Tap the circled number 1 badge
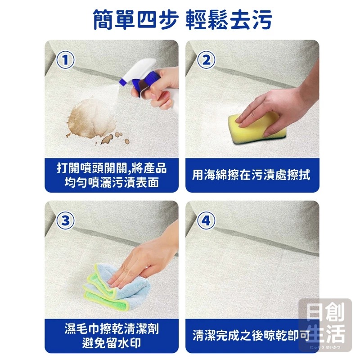(x=65, y=60)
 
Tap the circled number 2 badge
(x=206, y=60)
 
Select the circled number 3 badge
(x=65, y=220)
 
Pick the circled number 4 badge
(x=206, y=220)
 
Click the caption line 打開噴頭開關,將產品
(x=112, y=168)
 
